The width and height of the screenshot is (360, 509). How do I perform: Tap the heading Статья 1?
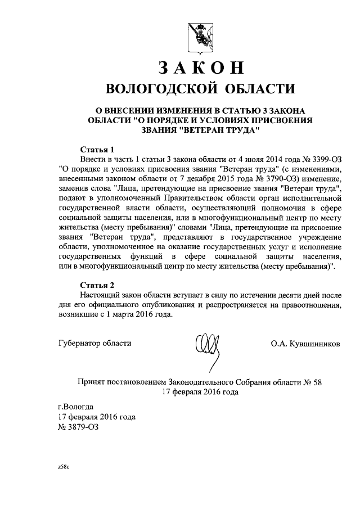(97, 150)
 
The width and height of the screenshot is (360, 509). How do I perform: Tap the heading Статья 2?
(97, 285)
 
